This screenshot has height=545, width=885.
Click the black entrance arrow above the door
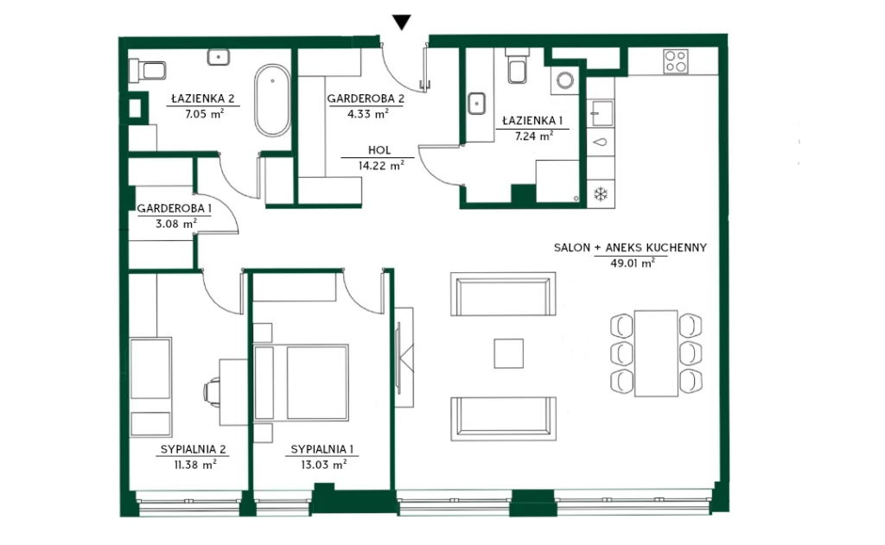tap(401, 22)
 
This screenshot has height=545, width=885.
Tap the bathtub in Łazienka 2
tap(272, 100)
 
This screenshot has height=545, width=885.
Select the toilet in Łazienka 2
tap(147, 71)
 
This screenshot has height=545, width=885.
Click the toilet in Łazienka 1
tap(519, 67)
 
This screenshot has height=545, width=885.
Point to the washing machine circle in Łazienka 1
tap(565, 80)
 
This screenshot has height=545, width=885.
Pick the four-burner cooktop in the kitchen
tap(676, 62)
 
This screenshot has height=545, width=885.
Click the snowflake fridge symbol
tap(601, 194)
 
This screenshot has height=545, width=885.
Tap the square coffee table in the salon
tap(508, 353)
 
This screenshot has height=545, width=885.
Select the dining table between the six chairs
tap(656, 353)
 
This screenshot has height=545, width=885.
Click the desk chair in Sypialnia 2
tap(213, 391)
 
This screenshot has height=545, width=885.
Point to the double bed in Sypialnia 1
tap(301, 383)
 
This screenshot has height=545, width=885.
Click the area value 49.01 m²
tap(632, 263)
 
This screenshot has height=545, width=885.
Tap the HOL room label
tap(379, 150)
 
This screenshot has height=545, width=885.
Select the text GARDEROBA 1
tap(175, 208)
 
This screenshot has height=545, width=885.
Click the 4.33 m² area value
tap(367, 113)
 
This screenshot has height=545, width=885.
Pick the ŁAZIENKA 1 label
tap(532, 120)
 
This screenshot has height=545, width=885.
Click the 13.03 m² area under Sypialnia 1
tap(323, 465)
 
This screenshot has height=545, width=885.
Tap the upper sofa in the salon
tap(504, 294)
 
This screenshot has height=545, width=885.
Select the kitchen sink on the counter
tap(602, 114)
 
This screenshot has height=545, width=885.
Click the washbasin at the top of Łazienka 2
tap(219, 57)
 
